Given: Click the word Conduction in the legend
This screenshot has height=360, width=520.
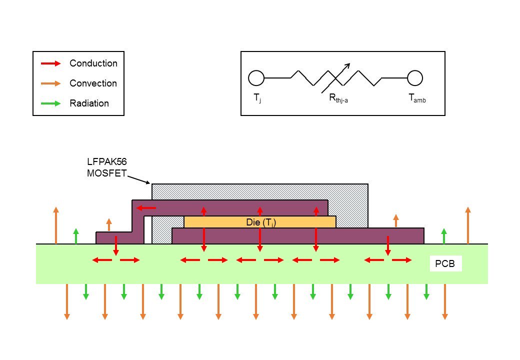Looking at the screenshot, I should [x=93, y=63].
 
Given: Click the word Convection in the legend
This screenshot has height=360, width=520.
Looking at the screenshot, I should [x=93, y=83].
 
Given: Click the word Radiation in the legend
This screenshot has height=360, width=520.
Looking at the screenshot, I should [x=89, y=103].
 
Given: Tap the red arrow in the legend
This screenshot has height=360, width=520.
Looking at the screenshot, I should [x=50, y=63].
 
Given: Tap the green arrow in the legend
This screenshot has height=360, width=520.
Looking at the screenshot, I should [x=50, y=103].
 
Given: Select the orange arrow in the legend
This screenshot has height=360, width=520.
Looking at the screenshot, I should [x=50, y=83].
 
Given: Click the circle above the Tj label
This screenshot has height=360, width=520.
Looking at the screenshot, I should [x=256, y=78].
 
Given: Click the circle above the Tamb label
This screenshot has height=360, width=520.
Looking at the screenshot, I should [x=415, y=78].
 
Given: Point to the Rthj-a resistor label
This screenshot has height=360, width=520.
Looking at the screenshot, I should [x=338, y=99].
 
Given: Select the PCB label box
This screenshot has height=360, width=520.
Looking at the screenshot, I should [x=445, y=263].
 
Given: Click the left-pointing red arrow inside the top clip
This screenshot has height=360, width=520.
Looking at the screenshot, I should [x=146, y=207].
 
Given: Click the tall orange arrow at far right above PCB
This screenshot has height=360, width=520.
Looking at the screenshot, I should [x=468, y=225].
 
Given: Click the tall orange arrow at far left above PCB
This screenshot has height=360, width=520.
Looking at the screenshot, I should [x=56, y=225].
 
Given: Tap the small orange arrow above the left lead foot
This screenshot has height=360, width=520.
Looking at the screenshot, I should [x=109, y=224].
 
